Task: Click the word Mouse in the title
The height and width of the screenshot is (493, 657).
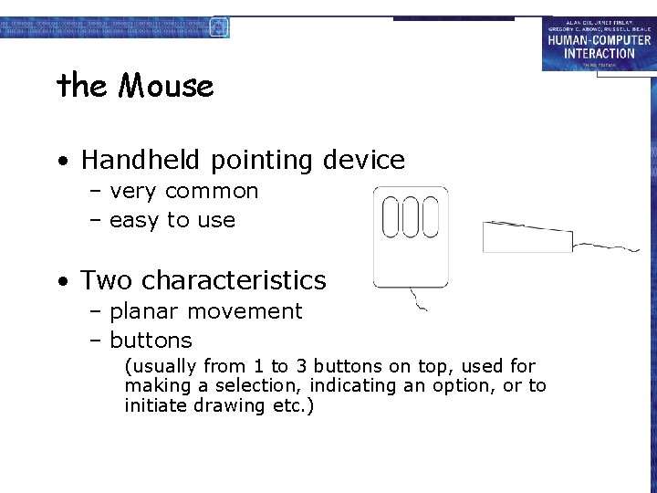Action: pyautogui.click(x=166, y=87)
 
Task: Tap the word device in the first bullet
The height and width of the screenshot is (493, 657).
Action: pyautogui.click(x=363, y=161)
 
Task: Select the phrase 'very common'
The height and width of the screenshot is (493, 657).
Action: pyautogui.click(x=183, y=192)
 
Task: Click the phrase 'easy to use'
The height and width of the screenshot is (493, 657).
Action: pyautogui.click(x=172, y=221)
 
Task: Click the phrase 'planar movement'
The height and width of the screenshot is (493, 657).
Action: pyautogui.click(x=205, y=311)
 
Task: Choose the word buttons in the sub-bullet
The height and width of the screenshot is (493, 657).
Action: pyautogui.click(x=151, y=341)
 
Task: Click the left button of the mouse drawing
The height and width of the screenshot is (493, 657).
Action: pyautogui.click(x=391, y=217)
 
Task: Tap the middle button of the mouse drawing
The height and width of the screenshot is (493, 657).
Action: pyautogui.click(x=412, y=217)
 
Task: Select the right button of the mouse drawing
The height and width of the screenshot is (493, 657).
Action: pyautogui.click(x=431, y=217)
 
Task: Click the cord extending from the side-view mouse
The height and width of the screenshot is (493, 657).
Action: pyautogui.click(x=607, y=246)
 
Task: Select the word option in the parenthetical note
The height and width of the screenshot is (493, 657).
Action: pyautogui.click(x=463, y=386)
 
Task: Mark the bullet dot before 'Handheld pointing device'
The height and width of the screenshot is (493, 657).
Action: pyautogui.click(x=61, y=163)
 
